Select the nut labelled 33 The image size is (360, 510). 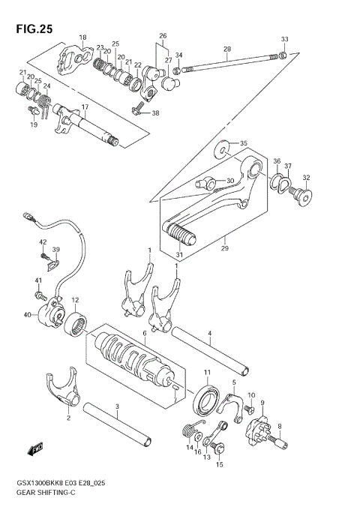pyautogui.click(x=283, y=54)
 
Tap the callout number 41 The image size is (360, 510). pyautogui.click(x=37, y=280)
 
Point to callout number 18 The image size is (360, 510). pyautogui.click(x=82, y=37)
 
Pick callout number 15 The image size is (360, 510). pyautogui.click(x=220, y=465)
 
